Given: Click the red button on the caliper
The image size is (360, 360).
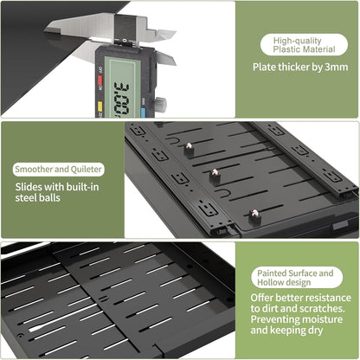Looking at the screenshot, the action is tap(100, 80).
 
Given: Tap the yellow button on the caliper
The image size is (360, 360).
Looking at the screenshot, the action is tap(100, 106).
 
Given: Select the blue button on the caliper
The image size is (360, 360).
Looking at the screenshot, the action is tap(143, 112).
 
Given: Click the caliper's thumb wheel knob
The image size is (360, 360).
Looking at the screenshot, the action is tap(161, 104).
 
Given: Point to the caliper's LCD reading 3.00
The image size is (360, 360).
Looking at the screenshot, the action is tap(122, 100).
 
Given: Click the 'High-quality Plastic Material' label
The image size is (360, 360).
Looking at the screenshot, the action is tap(304, 45).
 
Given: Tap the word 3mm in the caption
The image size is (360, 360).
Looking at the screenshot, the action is tap(337, 67).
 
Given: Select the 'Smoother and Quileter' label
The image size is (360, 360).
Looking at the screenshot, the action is tap(59, 170).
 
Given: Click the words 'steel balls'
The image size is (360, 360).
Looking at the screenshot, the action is tap(38, 198).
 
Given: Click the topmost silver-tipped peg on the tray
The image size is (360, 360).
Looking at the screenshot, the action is tap(189, 147).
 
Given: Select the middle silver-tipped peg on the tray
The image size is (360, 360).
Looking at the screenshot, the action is tap(215, 175).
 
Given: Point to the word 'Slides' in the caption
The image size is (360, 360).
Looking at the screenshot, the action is tap(29, 187).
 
